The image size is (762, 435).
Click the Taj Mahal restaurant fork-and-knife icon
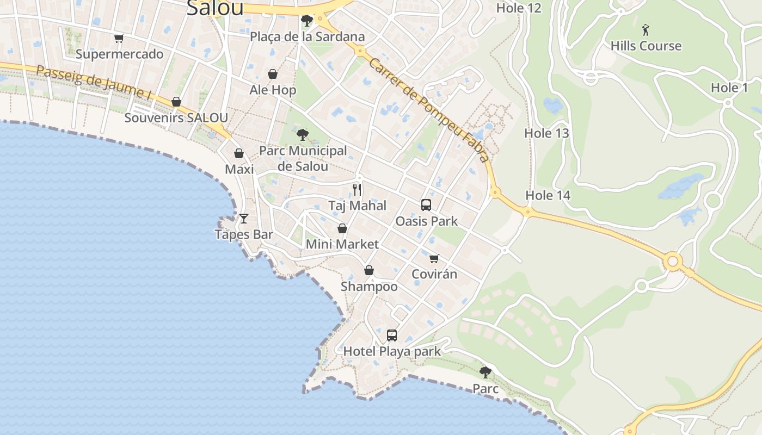tap(357, 189)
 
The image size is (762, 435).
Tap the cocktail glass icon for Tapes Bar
tap(244, 218)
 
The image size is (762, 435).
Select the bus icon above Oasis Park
tap(426, 205)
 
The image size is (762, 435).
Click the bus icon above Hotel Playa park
tap(392, 335)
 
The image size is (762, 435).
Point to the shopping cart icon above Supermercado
tap(119, 38)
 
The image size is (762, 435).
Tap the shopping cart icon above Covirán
tap(434, 258)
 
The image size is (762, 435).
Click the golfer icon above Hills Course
tap(646, 29)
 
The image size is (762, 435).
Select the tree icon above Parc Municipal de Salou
tap(303, 134)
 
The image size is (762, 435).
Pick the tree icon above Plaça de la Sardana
tap(307, 21)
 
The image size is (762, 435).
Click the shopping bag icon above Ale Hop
tap(273, 74)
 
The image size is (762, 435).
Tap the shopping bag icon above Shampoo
tap(369, 270)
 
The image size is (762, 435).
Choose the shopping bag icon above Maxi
tap(239, 153)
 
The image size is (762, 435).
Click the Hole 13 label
tap(546, 133)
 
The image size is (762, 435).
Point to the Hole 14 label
tap(548, 195)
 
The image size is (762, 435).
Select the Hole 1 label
tap(729, 88)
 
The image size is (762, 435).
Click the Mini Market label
tap(342, 244)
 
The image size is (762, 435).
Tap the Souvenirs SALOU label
tap(176, 117)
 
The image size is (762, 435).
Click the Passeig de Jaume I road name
tap(94, 82)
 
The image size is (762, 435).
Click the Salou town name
tap(214, 8)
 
